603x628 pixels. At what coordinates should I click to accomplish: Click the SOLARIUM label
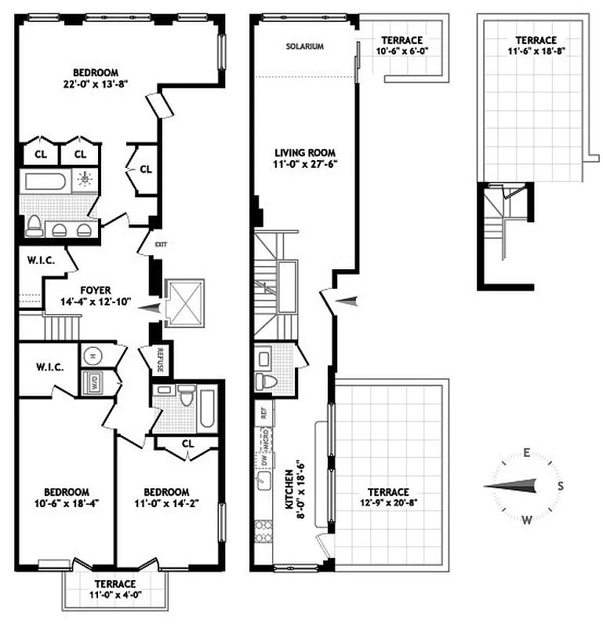click(x=305, y=46)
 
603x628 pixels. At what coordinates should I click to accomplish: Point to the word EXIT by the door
click(x=161, y=244)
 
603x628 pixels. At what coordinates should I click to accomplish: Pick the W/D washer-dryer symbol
click(x=93, y=383)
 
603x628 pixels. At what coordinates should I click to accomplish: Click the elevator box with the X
click(x=183, y=301)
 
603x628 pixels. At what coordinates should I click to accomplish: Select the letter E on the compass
click(x=528, y=452)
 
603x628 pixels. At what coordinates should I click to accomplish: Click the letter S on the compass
click(x=559, y=486)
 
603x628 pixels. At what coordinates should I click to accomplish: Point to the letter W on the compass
click(x=528, y=519)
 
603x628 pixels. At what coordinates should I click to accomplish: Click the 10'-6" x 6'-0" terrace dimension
click(x=401, y=51)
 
